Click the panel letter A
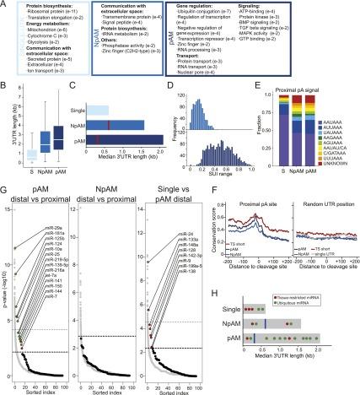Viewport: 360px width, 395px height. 5,6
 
